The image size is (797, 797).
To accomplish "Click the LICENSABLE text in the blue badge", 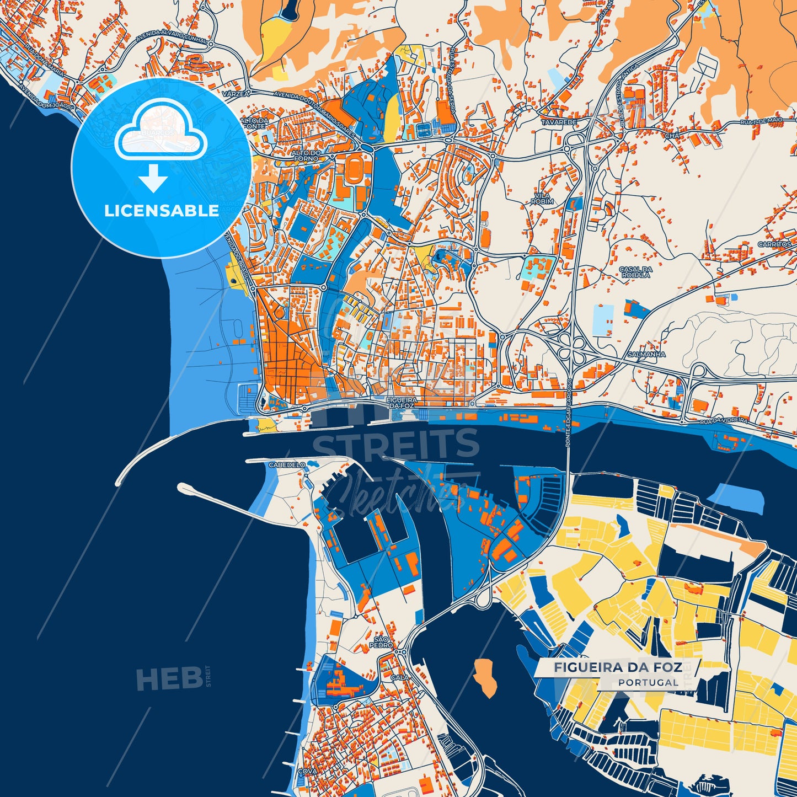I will point(162,211).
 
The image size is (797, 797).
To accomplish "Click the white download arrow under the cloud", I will point(153,179).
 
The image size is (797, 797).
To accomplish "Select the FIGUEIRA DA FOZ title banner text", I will point(618,667).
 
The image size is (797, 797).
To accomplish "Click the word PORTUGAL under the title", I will point(648,682).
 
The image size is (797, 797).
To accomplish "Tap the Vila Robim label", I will point(542,199).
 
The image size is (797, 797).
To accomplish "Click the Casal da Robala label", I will point(635,271).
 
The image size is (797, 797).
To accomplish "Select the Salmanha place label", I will point(646,354).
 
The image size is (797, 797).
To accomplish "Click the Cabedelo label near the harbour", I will point(286,465).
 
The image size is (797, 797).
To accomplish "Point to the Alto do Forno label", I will point(306,156).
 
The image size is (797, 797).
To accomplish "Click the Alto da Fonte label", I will point(254,123).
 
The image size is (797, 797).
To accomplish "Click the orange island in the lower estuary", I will point(485,676).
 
